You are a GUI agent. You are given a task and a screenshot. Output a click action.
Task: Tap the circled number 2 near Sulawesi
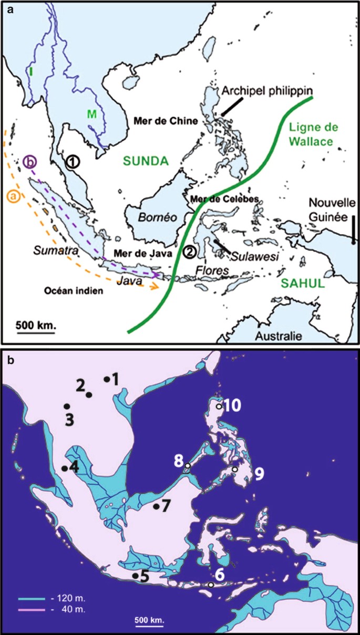tap(190, 251)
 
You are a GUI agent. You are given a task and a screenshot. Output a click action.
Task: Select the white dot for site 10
tap(219, 406)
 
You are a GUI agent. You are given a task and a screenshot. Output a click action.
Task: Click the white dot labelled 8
tap(188, 466)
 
